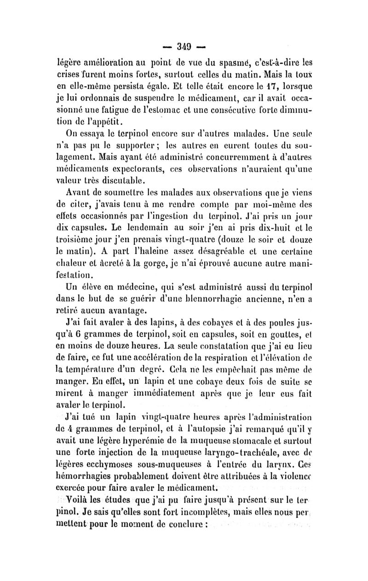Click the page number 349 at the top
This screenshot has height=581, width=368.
pyautogui.click(x=183, y=46)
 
